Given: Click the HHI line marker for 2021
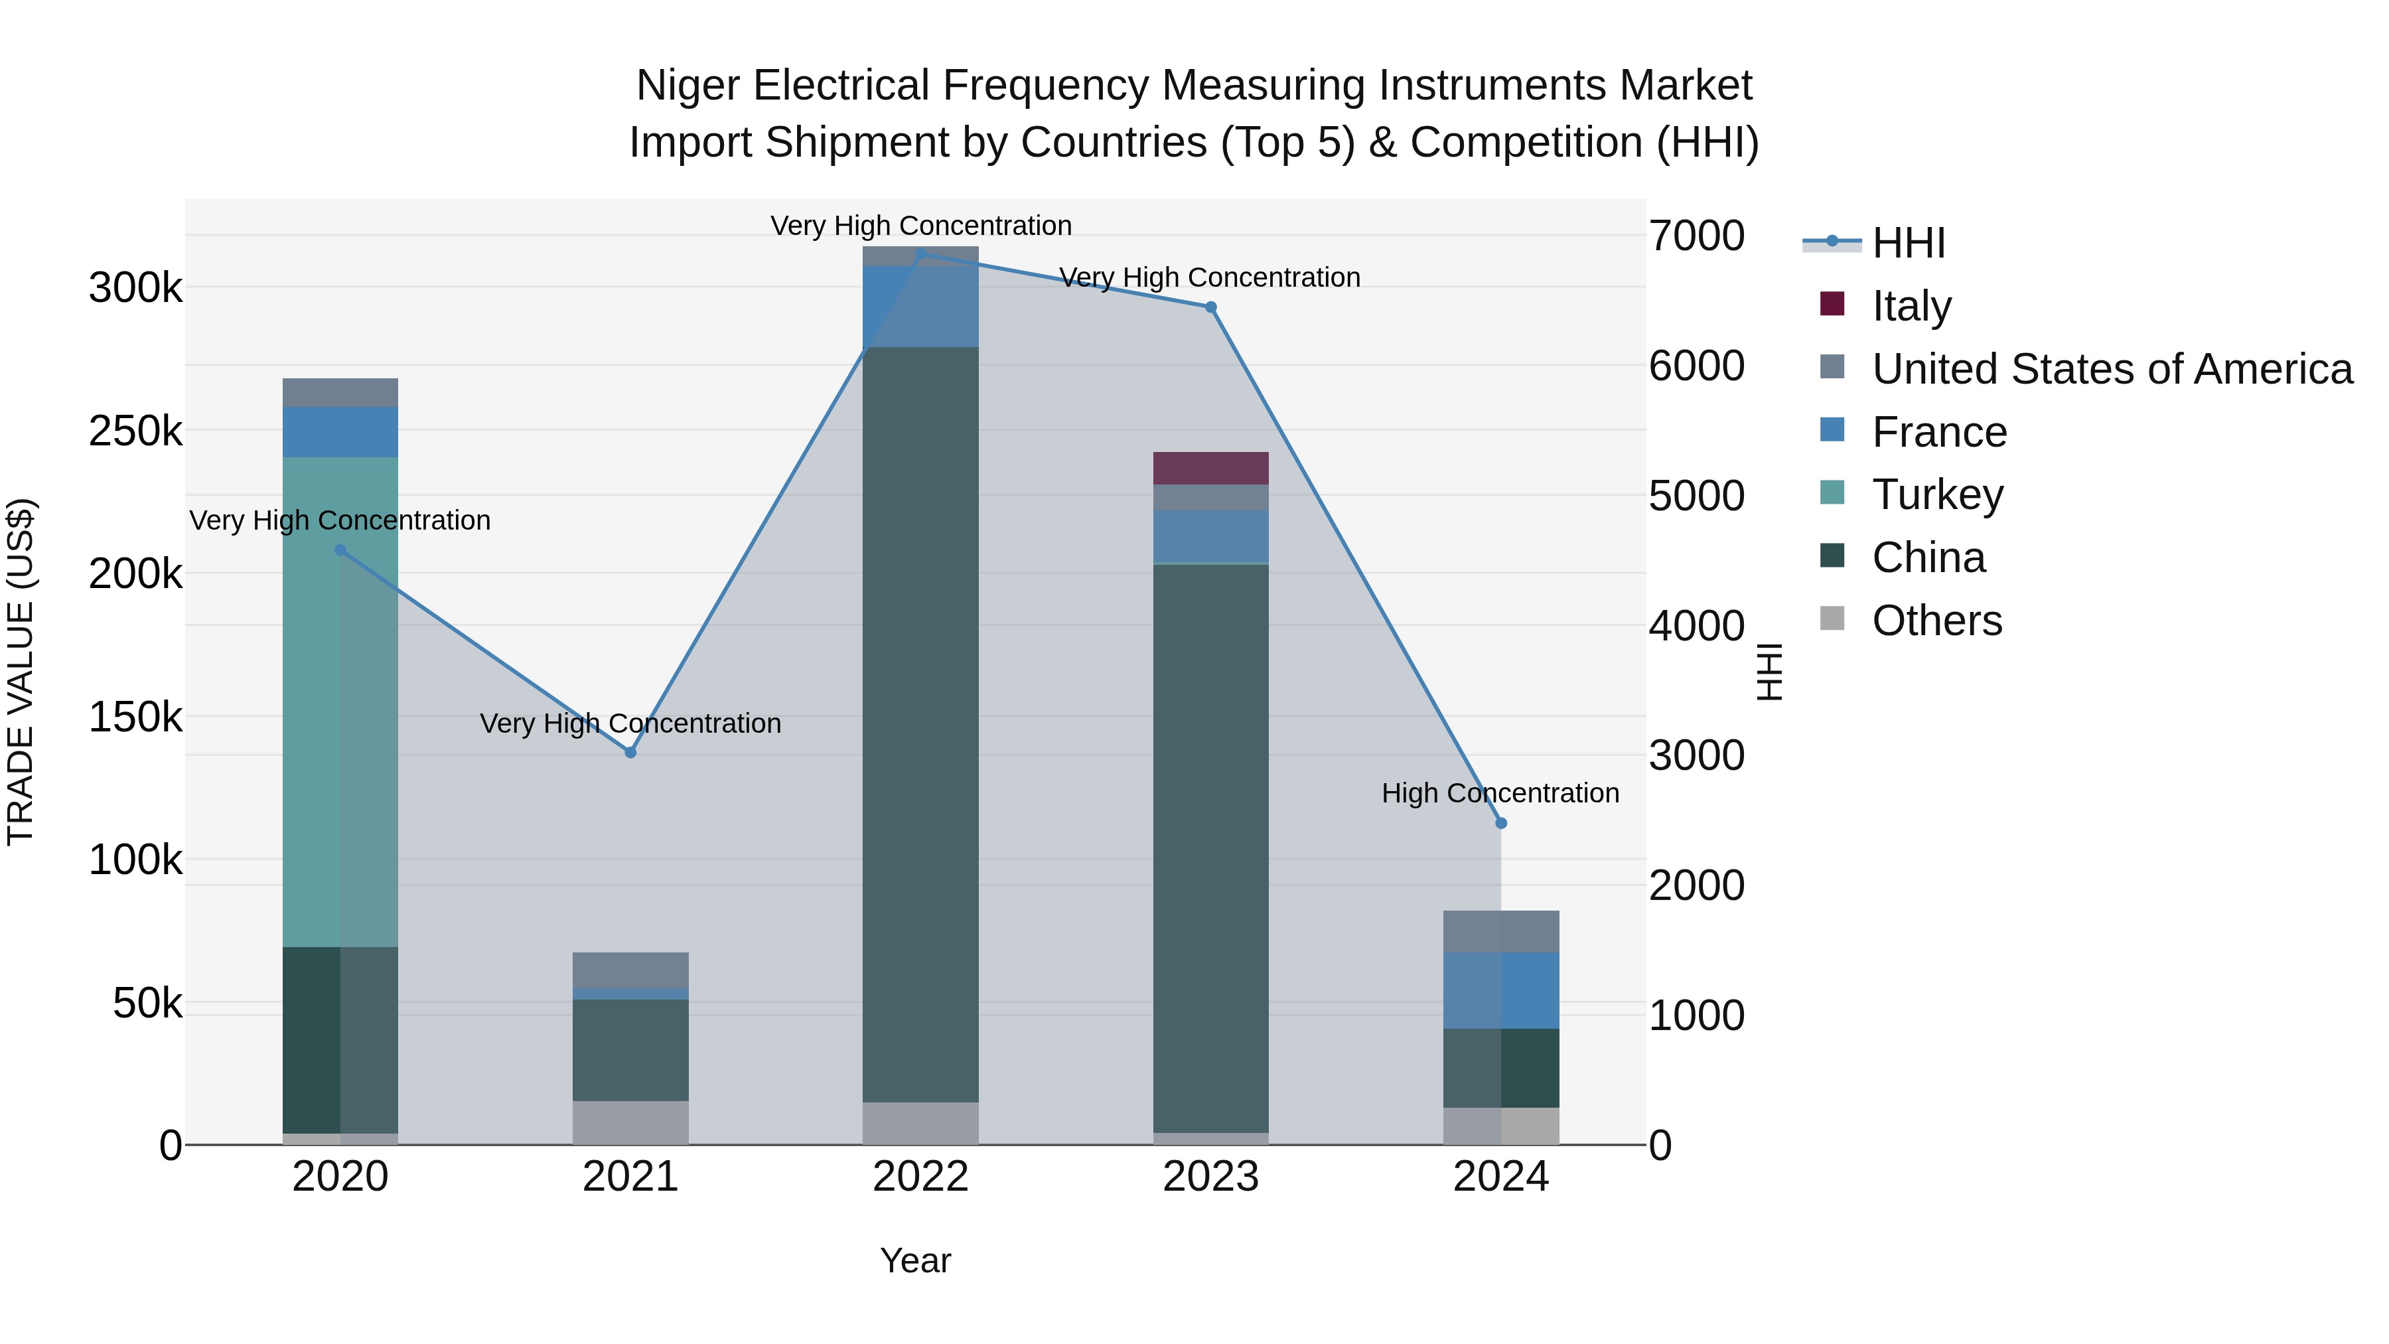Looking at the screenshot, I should [630, 752].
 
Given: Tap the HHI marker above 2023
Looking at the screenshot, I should [1210, 307].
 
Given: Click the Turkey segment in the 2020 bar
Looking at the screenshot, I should [340, 702].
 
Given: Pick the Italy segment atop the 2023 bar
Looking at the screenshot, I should [1210, 469].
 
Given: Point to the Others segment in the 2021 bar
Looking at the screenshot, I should [630, 1122].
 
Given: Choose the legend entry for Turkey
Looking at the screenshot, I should [1937, 494].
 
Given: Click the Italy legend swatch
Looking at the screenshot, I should [1832, 304].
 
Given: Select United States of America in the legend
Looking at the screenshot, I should [2112, 369].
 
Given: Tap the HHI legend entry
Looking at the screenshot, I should [1908, 243].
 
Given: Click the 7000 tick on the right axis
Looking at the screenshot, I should [1696, 236].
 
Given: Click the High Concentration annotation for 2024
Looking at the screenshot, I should [1500, 793].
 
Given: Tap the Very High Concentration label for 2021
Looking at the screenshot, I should [630, 723].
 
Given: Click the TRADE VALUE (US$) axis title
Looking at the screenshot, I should [21, 672].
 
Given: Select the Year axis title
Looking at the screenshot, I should [915, 1260].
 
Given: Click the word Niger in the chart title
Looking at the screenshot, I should [688, 86].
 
